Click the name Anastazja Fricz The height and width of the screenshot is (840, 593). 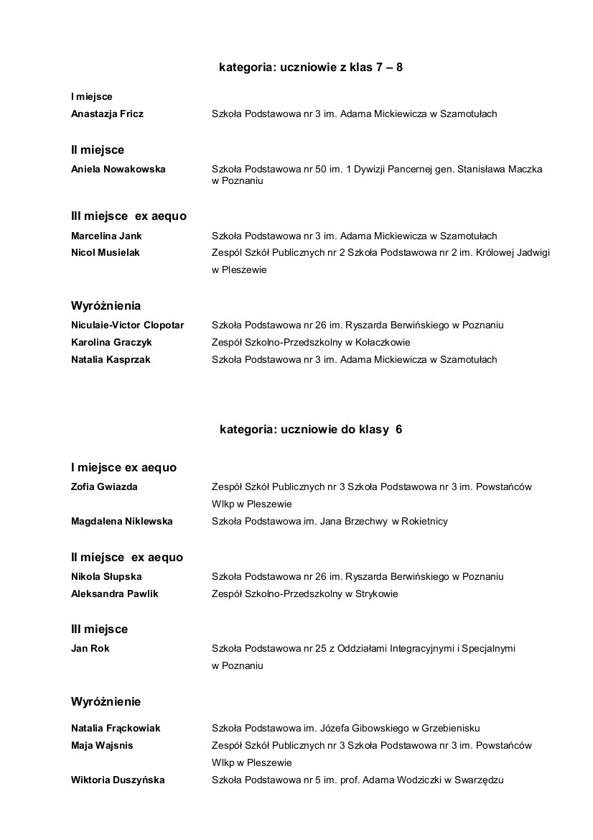coord(107,114)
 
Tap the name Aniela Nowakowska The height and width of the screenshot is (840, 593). coord(118,170)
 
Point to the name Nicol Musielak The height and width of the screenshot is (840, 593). coord(106,253)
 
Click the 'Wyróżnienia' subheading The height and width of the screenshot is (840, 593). coord(106,306)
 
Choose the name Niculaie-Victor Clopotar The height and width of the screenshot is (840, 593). coord(127,326)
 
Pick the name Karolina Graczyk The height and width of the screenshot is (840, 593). coord(111,343)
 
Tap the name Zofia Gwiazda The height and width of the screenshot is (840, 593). coord(104,487)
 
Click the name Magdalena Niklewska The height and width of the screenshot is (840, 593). coord(121,522)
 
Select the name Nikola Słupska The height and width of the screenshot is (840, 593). coord(106,577)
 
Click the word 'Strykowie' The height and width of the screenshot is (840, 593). coord(375,594)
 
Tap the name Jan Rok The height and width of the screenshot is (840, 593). coord(90,649)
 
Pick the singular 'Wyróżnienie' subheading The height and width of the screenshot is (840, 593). coord(106,702)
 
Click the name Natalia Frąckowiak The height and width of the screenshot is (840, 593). coord(116,729)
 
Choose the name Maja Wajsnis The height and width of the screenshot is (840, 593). coord(102,746)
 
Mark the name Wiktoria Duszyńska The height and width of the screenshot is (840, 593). coord(118,780)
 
